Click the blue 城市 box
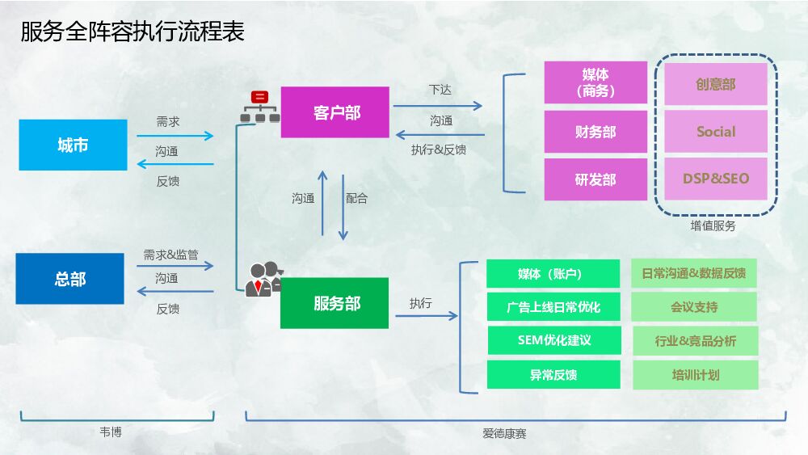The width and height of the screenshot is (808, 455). (x=73, y=145)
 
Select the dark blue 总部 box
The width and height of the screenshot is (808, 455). (x=70, y=279)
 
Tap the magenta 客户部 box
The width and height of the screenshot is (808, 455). (x=335, y=112)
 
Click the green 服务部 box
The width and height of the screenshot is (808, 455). (x=335, y=303)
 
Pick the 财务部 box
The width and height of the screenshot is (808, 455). (x=595, y=132)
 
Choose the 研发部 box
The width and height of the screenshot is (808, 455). (x=595, y=179)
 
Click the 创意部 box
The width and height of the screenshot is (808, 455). (x=716, y=84)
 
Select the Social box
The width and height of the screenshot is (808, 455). (x=716, y=132)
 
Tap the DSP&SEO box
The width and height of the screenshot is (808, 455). (x=716, y=179)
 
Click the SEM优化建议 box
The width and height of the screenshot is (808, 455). (x=554, y=340)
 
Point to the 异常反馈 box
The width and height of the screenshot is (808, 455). (x=554, y=375)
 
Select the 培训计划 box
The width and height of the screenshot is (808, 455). (x=695, y=375)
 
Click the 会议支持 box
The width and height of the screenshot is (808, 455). (x=695, y=307)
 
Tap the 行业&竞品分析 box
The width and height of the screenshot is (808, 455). (x=695, y=341)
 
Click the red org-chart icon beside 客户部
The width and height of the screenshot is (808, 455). (x=259, y=107)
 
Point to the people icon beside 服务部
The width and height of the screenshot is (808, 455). (x=263, y=279)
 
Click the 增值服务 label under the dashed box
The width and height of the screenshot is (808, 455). (x=713, y=226)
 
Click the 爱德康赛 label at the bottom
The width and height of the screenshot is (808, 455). (x=504, y=434)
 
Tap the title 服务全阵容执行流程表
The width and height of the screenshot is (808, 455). (x=133, y=32)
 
